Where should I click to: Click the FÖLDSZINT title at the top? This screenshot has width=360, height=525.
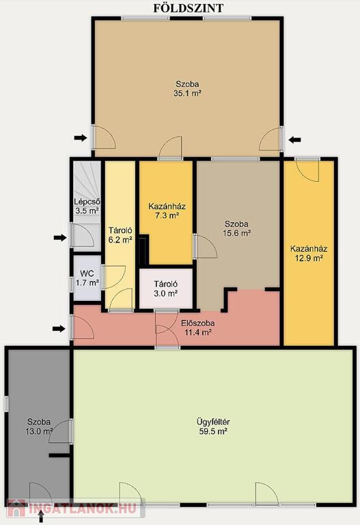tap(189, 8)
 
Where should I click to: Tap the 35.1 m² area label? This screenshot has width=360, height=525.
tap(187, 94)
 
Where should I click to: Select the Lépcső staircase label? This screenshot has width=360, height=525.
tap(87, 202)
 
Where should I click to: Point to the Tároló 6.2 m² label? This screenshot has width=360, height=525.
tap(120, 234)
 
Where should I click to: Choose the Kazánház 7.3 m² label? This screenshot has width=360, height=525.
tap(167, 211)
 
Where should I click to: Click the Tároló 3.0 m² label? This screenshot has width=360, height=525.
tap(165, 288)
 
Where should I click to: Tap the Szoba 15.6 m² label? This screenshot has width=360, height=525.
tap(236, 228)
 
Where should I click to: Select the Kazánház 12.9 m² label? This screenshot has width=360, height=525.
tap(309, 254)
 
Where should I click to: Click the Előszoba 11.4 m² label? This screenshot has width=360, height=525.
tap(197, 328)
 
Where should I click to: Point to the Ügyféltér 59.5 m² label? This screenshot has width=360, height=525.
tap(213, 427)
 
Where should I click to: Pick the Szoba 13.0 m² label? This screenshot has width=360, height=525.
tap(39, 427)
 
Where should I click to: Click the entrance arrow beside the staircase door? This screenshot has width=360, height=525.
tap(60, 238)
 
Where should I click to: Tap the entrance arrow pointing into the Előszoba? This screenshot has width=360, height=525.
tap(59, 329)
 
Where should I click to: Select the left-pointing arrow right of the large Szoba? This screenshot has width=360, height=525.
tap(294, 139)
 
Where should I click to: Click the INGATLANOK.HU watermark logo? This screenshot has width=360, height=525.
tap(72, 508)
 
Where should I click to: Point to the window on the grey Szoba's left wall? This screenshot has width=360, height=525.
tap(6, 404)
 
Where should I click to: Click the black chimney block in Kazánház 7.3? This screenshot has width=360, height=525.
tap(144, 250)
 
